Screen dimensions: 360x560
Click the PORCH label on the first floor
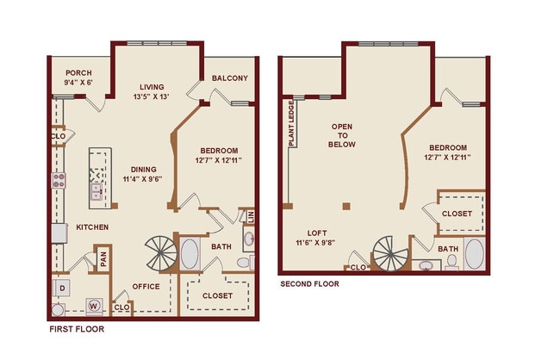[x=72, y=72]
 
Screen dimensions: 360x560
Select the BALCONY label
[x=230, y=78]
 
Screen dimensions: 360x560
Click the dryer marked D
[x=62, y=286]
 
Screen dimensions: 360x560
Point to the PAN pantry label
[x=103, y=257]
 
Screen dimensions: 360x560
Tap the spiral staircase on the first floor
[x=159, y=252]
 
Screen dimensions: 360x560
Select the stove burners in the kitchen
[x=60, y=181]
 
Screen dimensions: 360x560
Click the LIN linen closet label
[x=251, y=216]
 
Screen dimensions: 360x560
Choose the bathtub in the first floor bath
[x=190, y=255]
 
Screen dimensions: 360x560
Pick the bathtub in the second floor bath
[x=474, y=256]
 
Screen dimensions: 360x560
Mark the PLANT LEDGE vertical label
[x=292, y=125]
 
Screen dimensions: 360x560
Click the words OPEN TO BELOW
[x=343, y=135]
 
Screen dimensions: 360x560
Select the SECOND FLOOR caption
[x=308, y=283]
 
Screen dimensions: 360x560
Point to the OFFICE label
[x=146, y=287]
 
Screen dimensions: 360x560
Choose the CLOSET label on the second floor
[x=456, y=214]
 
